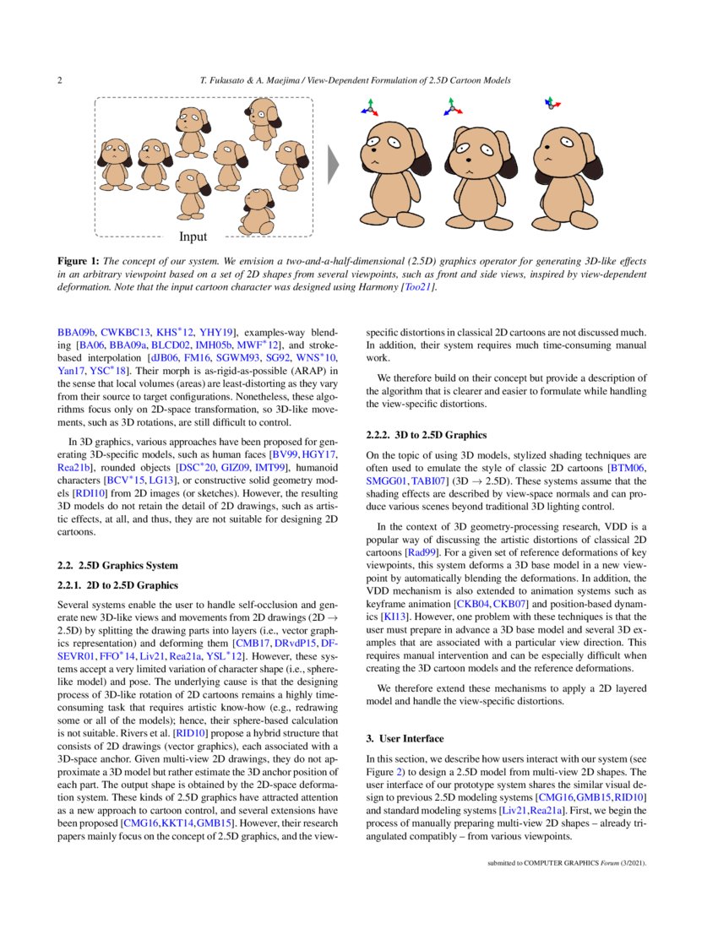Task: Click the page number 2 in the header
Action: tap(59, 80)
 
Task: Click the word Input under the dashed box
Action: tap(193, 236)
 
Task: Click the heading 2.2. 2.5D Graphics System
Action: tap(117, 565)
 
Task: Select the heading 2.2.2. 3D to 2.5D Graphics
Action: tap(427, 435)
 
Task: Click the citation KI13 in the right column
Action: tap(394, 617)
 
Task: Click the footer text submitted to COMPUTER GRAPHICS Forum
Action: tap(567, 864)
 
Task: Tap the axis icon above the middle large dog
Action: tap(454, 106)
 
